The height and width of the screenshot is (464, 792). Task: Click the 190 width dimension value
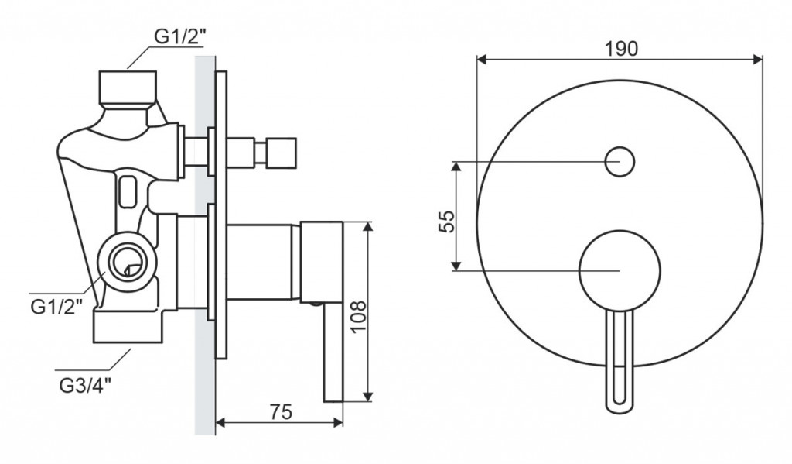621,49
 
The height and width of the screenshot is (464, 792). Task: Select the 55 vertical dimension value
446,221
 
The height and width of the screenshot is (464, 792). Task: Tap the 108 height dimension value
358,317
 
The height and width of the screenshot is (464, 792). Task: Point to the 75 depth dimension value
280,412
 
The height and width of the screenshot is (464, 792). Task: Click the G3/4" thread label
85,386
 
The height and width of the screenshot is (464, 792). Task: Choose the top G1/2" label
180,37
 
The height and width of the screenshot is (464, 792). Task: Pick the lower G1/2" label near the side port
56,307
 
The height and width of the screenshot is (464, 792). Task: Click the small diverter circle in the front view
620,162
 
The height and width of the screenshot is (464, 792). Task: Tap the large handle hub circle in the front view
620,270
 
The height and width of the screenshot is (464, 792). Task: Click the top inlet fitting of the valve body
128,87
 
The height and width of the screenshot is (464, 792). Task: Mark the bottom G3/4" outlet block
128,327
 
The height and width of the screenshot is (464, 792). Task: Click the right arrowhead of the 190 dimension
758,60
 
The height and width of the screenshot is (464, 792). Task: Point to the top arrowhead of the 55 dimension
456,167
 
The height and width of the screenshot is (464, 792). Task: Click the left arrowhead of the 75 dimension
221,422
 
